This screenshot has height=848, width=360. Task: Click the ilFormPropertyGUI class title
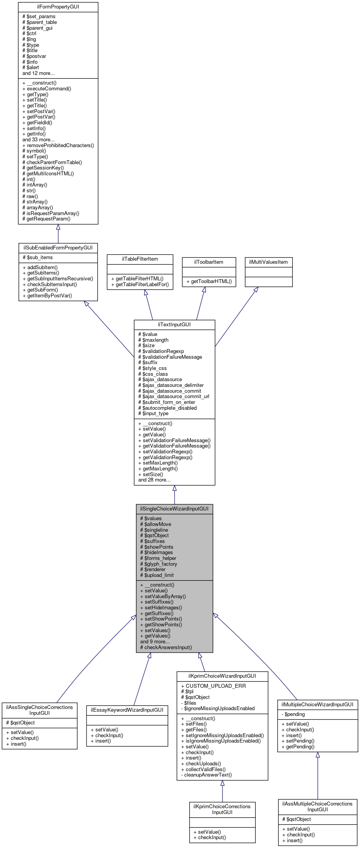[58, 7]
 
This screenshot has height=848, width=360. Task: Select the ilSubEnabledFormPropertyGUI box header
[58, 248]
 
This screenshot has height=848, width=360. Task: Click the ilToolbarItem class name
[209, 262]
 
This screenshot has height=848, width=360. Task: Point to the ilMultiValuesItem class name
[268, 262]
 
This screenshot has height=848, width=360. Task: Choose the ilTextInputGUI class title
[174, 324]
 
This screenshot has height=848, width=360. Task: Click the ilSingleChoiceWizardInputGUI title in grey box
[174, 509]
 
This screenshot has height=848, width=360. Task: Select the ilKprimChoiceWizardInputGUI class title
[222, 676]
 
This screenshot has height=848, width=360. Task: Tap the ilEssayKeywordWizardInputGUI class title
[127, 710]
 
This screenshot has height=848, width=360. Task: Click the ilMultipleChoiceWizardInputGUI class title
[317, 704]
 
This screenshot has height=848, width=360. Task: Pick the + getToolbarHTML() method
[209, 282]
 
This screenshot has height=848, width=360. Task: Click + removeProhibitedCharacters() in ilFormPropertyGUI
[58, 145]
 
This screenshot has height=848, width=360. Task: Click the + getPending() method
[298, 746]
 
